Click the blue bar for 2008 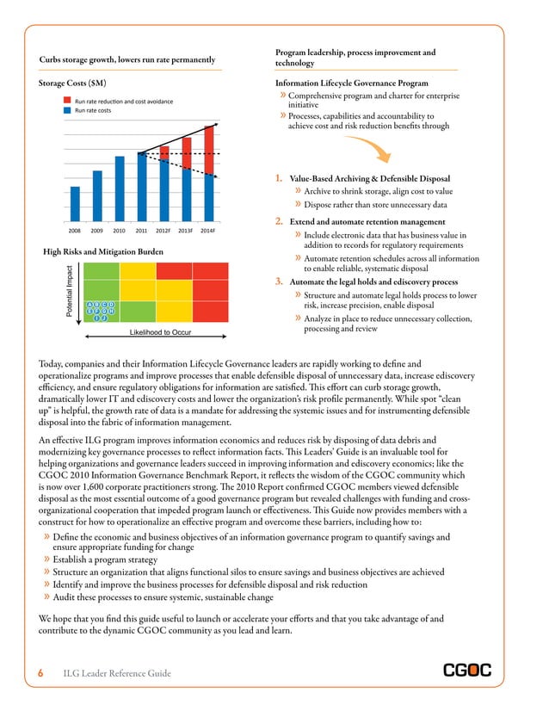point(75,205)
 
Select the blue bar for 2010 point(120,189)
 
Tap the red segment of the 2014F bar point(209,150)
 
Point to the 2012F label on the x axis point(163,231)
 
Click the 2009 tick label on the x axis point(97,231)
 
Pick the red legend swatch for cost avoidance point(66,102)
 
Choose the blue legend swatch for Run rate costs point(66,111)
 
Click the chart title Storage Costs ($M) point(74,83)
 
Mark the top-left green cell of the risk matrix point(100,269)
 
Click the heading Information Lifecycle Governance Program point(351,83)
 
